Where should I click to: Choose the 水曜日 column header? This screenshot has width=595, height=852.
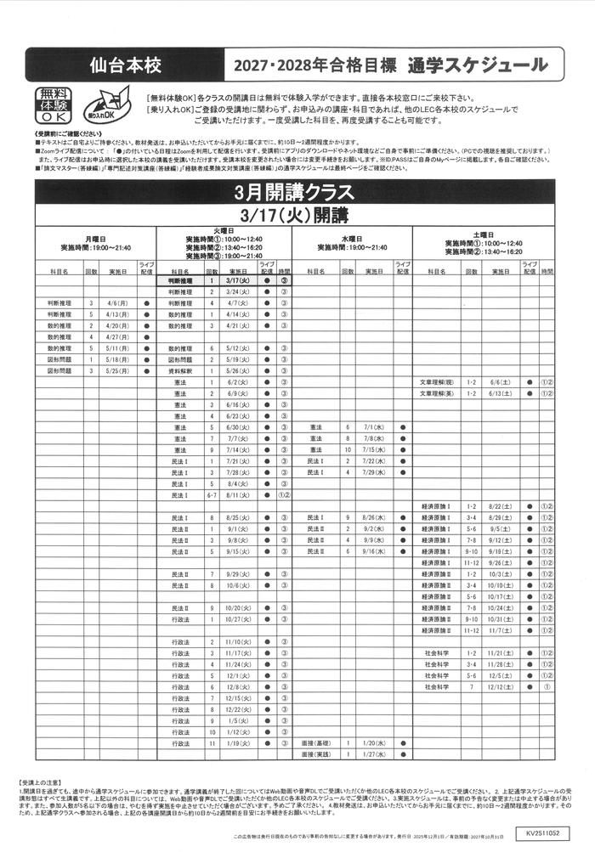pyautogui.click(x=352, y=239)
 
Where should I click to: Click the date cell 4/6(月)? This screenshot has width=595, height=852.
pyautogui.click(x=116, y=302)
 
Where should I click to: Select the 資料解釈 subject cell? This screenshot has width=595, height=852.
pyautogui.click(x=180, y=370)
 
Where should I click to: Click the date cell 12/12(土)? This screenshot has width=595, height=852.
pyautogui.click(x=500, y=686)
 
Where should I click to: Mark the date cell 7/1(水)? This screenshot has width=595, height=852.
pyautogui.click(x=374, y=427)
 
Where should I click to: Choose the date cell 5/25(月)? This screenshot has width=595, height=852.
pyautogui.click(x=116, y=370)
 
